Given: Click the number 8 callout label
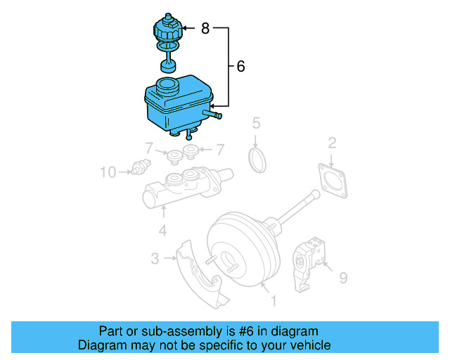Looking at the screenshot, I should pos(205,29).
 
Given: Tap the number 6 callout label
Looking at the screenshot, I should pos(241,67).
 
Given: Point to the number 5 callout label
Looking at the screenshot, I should pos(257,124).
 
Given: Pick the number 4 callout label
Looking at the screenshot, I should pos(162,230).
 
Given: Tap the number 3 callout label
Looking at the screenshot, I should pos(155,259).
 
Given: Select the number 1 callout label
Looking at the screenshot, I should pos(274,301).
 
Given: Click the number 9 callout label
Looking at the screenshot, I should pos(343,278).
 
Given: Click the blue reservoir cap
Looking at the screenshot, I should pos(167,32).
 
